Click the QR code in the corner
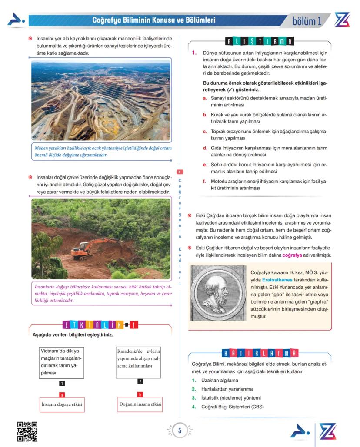[x=27, y=431]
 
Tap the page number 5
[x=180, y=431]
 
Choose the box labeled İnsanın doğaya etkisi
[x=62, y=404]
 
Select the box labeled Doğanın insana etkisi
[x=140, y=404]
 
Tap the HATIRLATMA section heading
[x=260, y=353]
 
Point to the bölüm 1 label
[x=307, y=20]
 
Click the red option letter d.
[x=205, y=148]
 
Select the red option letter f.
[x=205, y=181]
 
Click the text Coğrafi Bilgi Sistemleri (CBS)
[x=233, y=407]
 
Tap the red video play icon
[x=180, y=172]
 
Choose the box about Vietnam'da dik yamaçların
[x=61, y=362]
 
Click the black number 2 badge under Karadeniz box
[x=140, y=381]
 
